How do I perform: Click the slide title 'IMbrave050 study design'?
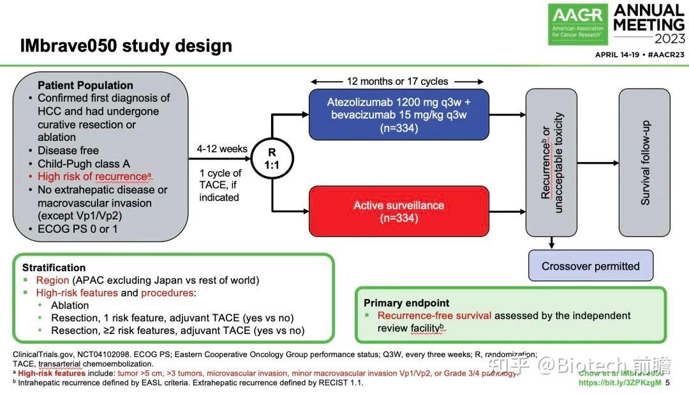126,46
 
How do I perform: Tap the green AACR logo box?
578,24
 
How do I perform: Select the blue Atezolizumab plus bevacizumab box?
399,115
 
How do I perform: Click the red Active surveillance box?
399,212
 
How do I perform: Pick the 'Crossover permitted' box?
590,266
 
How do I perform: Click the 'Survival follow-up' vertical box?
644,162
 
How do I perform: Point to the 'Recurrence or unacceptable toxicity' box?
551,162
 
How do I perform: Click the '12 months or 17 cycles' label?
397,81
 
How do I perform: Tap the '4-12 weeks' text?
223,149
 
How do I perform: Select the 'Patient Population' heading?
85,85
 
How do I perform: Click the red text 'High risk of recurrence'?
94,177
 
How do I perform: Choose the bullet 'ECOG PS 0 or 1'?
77,229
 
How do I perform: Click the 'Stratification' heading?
54,268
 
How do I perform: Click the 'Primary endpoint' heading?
406,303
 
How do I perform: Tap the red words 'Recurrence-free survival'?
434,316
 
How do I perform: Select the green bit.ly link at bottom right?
619,383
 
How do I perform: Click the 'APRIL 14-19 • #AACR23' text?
639,55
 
